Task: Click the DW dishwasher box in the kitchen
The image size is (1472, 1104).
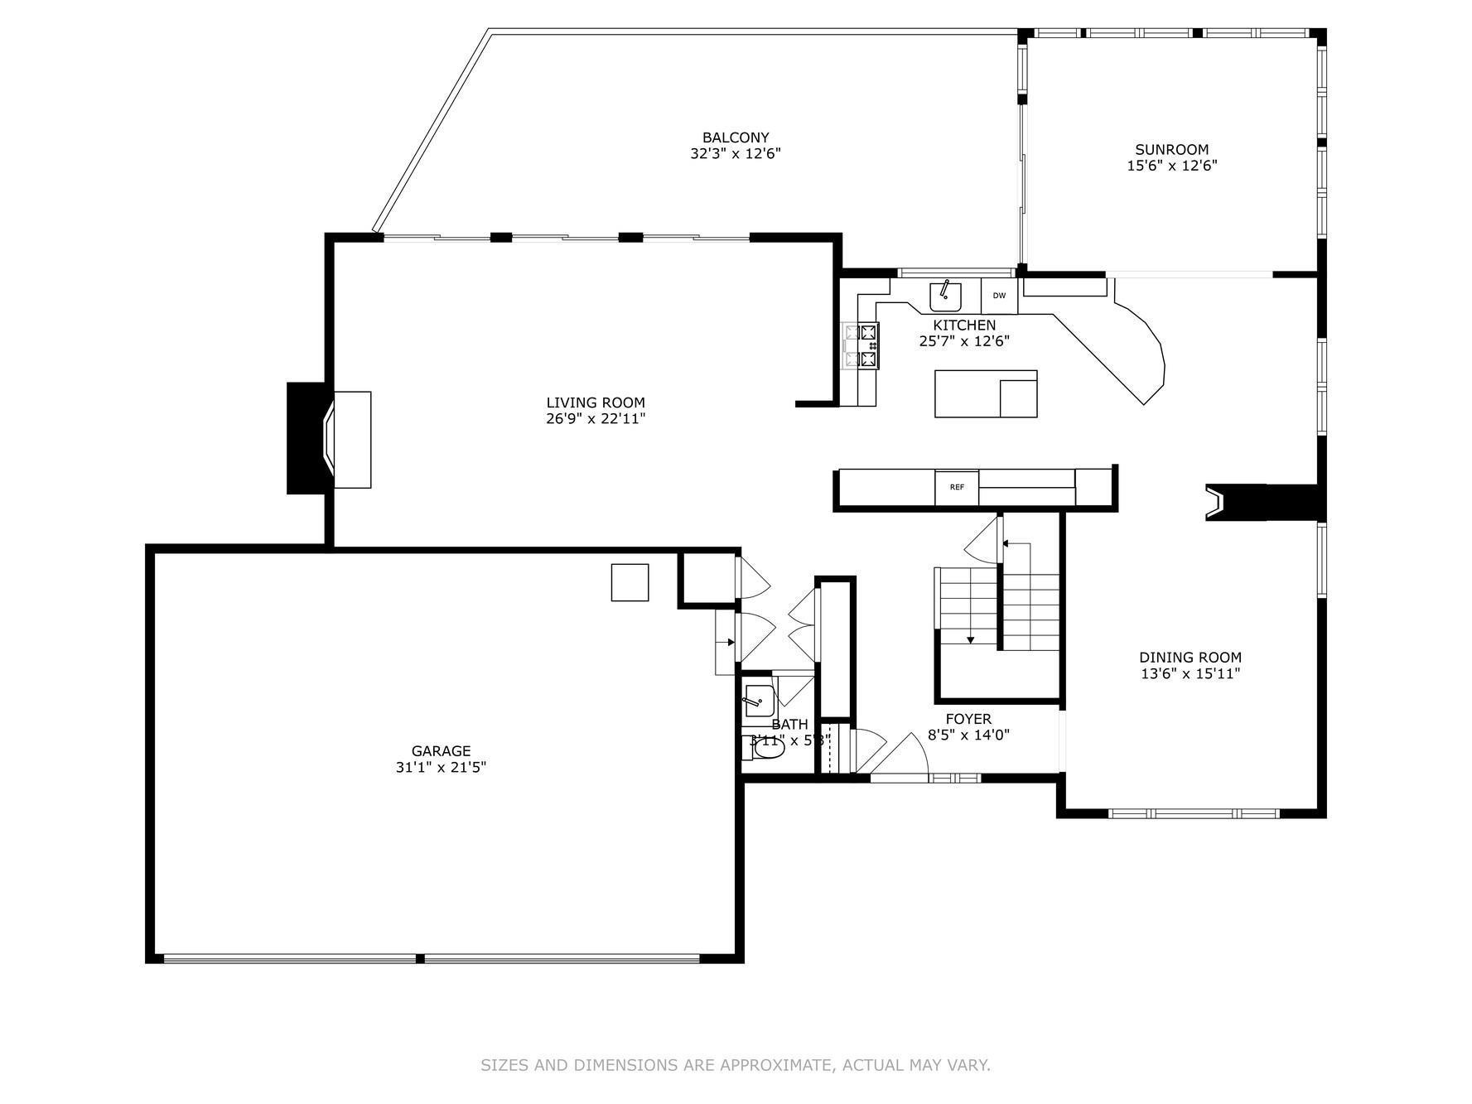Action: tap(999, 296)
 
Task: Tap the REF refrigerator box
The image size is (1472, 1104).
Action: tap(957, 487)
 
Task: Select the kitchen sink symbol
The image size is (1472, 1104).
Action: tap(945, 295)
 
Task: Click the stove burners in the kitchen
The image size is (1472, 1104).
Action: tap(861, 345)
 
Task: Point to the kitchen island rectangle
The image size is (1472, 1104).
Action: tap(986, 393)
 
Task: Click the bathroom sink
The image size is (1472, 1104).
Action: tap(759, 701)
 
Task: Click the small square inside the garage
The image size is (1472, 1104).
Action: tap(630, 582)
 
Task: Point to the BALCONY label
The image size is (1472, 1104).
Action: tap(736, 137)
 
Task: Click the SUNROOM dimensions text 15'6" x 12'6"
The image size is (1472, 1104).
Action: tap(1171, 166)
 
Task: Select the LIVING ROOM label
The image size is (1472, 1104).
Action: tap(595, 403)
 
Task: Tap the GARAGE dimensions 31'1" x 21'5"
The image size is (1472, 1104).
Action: tap(441, 768)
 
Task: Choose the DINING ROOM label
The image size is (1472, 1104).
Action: tap(1190, 658)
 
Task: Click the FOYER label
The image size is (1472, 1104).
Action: tap(968, 719)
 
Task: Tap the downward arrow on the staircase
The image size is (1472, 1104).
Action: tap(970, 639)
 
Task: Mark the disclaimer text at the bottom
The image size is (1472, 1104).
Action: tap(736, 1065)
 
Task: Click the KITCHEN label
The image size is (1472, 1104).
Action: tap(964, 325)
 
